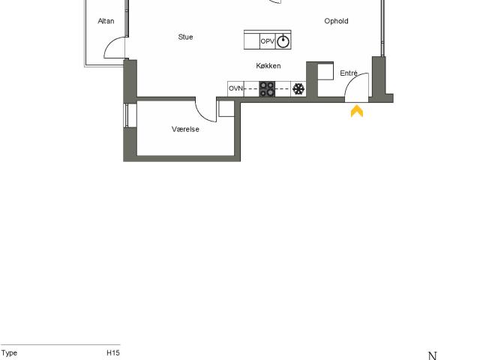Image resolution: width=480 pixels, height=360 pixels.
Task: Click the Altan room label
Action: click(x=106, y=21)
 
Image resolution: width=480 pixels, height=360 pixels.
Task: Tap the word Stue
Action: click(x=185, y=37)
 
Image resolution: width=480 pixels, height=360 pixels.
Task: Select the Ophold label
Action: click(x=336, y=21)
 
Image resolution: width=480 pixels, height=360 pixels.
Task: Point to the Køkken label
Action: click(x=268, y=66)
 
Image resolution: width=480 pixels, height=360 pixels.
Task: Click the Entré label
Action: click(x=349, y=73)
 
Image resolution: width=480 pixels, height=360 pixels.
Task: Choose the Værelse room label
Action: click(x=185, y=129)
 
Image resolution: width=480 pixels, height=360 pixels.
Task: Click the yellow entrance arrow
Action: click(x=357, y=111)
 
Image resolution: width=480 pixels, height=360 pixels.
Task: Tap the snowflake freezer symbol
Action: click(x=298, y=89)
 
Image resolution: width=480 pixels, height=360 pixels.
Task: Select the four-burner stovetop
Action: click(x=267, y=89)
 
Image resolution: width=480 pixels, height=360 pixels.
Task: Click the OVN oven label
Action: click(x=235, y=88)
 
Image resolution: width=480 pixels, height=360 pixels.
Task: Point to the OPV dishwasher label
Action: click(x=268, y=41)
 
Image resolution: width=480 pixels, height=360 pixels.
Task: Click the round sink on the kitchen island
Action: click(x=283, y=41)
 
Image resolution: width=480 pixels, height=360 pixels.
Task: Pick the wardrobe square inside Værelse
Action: click(x=226, y=109)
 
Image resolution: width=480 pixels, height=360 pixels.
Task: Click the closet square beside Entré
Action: click(x=325, y=71)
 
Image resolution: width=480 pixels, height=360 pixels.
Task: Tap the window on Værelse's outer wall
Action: click(x=126, y=115)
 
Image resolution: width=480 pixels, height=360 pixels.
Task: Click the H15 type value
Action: click(x=113, y=352)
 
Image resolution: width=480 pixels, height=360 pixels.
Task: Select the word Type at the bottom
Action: click(x=9, y=353)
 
